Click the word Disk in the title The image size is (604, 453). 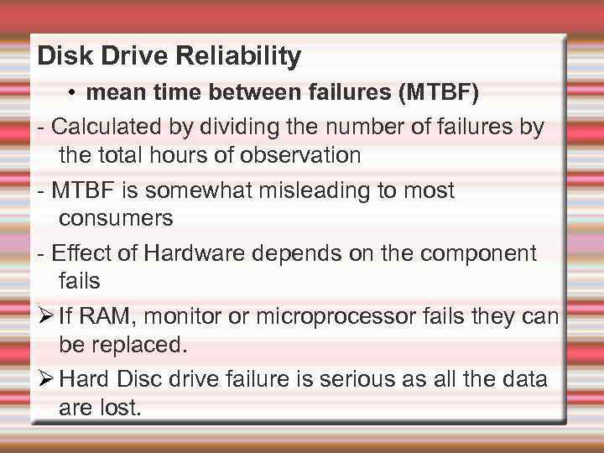61,56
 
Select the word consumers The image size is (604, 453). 116,218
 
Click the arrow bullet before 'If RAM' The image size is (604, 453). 45,316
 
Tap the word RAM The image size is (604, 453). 96,316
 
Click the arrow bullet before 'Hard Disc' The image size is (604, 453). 45,379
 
